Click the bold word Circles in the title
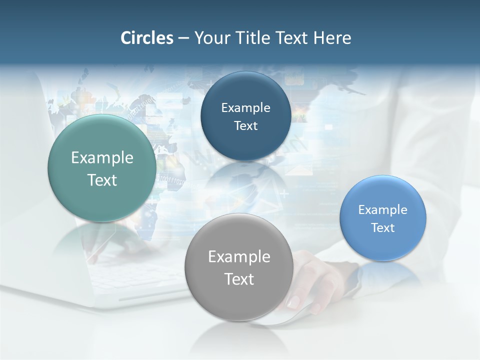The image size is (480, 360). click(146, 38)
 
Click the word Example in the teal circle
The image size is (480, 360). click(102, 158)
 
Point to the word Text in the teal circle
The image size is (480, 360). click(102, 180)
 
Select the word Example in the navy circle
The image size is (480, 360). click(245, 108)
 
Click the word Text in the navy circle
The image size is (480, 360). click(245, 126)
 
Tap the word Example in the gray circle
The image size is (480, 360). click(239, 257)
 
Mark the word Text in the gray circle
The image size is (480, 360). click(239, 279)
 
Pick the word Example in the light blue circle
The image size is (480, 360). click(382, 210)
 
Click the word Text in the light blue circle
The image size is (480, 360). click(383, 228)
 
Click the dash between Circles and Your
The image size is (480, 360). click(183, 38)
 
